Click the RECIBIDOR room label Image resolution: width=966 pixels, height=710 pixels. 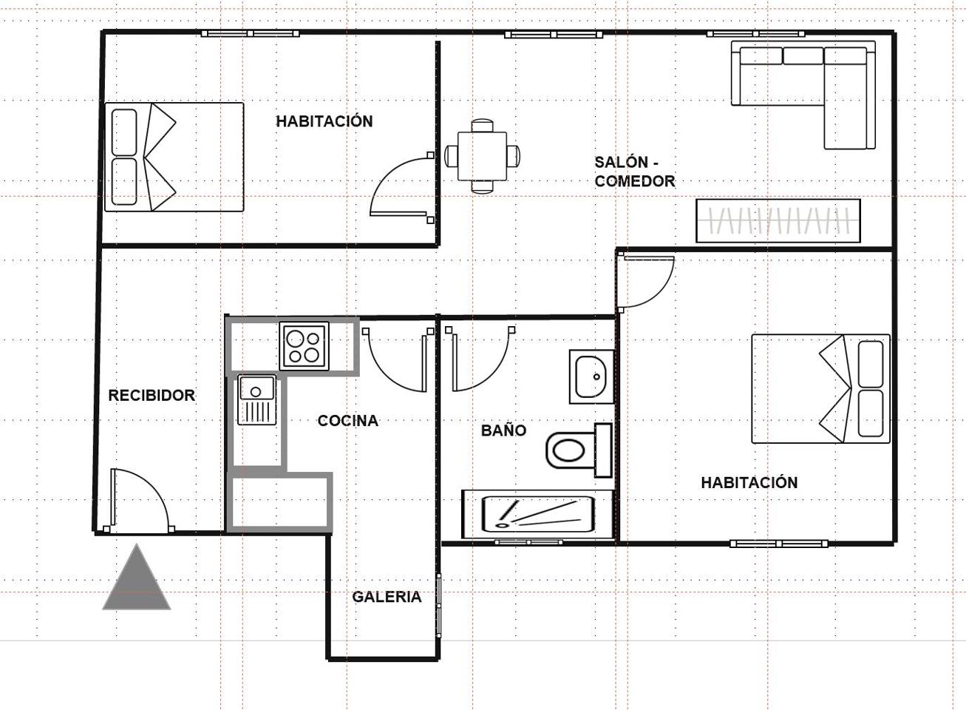(x=152, y=396)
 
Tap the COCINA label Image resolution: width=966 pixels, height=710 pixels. (x=348, y=421)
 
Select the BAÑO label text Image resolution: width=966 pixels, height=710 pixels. (x=504, y=430)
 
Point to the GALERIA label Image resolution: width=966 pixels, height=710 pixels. (x=387, y=597)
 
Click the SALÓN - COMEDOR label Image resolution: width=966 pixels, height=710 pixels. (x=635, y=172)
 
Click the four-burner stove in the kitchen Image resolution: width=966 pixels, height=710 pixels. (x=304, y=346)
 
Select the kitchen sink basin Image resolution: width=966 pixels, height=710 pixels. (x=257, y=400)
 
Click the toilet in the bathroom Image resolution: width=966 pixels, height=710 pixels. (x=579, y=450)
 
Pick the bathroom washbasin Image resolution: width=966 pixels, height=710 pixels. (x=592, y=376)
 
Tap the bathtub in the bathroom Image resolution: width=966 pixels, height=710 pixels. (x=538, y=514)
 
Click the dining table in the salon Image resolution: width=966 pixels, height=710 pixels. (x=482, y=156)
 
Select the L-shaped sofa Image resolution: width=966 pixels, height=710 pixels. (x=803, y=95)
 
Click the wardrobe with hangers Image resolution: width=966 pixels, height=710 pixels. (x=778, y=220)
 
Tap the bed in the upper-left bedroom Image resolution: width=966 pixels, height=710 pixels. (x=174, y=157)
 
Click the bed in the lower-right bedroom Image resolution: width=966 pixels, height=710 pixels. (x=820, y=389)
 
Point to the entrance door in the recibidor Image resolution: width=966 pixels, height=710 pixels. (x=139, y=500)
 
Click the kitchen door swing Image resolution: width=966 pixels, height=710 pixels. (x=398, y=360)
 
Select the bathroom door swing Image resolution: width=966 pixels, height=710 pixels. (x=480, y=359)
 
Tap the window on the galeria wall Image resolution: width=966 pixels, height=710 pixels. (x=439, y=605)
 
